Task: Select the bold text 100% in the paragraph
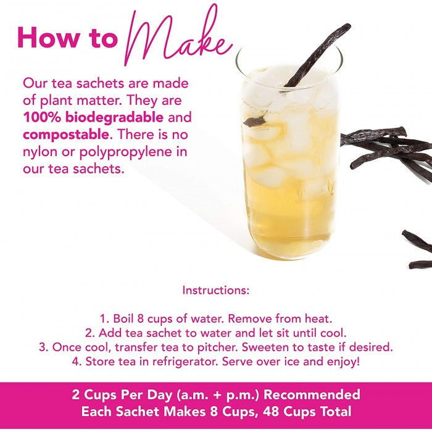pos(41,117)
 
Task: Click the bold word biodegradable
pos(114,118)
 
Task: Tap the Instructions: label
pos(216,290)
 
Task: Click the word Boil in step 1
pos(123,319)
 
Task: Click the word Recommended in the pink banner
pos(312,394)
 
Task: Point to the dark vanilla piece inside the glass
pos(254,121)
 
